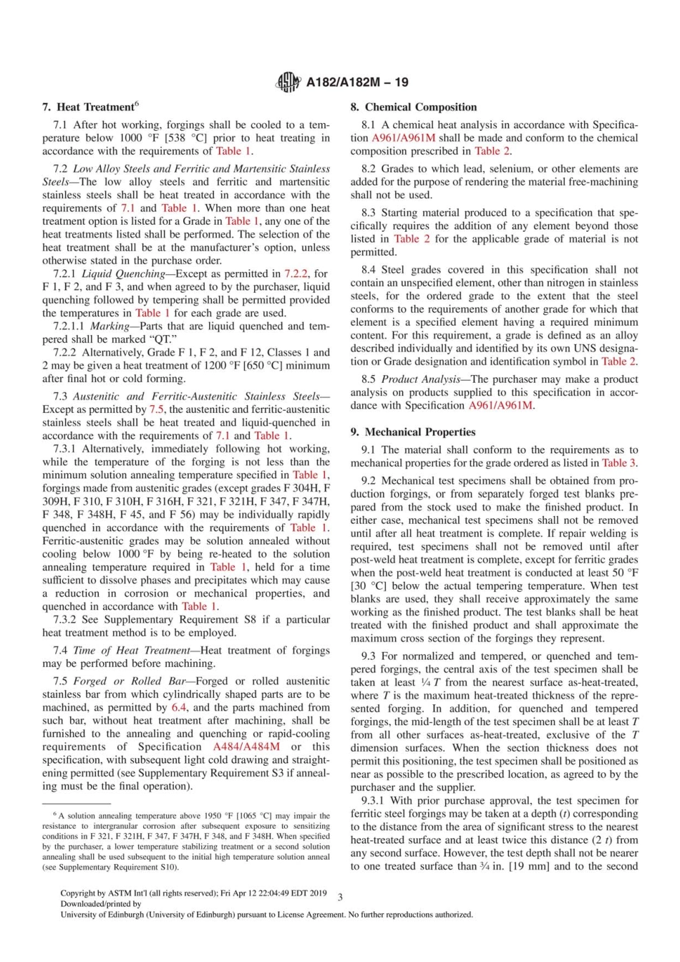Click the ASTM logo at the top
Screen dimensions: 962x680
pos(288,82)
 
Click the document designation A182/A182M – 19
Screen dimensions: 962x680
pos(356,82)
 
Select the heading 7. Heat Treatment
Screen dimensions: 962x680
pos(89,107)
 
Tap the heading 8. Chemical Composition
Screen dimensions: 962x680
pos(413,107)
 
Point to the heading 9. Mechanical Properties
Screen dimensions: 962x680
pos(412,432)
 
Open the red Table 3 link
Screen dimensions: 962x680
pos(618,463)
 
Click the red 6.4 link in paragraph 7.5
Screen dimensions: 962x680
pos(179,708)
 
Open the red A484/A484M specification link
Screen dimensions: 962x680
pos(246,747)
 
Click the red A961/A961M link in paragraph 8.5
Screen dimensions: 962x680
pos(500,406)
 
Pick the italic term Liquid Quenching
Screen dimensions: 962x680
pos(123,274)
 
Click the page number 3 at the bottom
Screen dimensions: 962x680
pos(340,897)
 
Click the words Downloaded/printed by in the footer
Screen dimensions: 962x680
pos(101,904)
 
